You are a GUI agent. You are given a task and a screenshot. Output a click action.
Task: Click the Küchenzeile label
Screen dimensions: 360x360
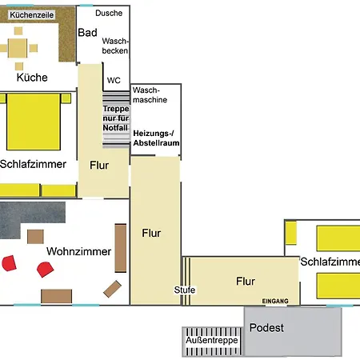tap(32, 15)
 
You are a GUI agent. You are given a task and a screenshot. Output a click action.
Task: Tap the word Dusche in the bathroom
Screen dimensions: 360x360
tap(109, 13)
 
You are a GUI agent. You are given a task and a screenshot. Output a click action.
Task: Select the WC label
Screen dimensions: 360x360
tap(114, 80)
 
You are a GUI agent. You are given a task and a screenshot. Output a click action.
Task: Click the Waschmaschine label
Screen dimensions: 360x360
tap(150, 95)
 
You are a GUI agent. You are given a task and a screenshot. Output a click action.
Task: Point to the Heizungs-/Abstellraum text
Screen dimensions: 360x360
tap(156, 138)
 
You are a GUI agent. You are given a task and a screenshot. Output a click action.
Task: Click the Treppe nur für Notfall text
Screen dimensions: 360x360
tap(116, 118)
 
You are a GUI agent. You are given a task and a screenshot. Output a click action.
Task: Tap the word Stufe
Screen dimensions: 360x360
tap(185, 290)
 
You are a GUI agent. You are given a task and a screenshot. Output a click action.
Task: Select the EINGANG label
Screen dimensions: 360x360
tap(275, 301)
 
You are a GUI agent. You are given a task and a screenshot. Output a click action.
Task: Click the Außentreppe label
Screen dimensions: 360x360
tap(212, 340)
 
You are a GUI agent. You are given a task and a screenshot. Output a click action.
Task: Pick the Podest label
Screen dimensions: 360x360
tap(266, 328)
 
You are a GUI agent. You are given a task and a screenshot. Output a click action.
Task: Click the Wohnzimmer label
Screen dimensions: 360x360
tap(78, 251)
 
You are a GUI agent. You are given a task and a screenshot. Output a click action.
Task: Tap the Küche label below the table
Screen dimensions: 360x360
tap(32, 78)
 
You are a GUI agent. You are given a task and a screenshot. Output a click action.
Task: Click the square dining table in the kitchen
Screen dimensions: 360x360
tap(18, 48)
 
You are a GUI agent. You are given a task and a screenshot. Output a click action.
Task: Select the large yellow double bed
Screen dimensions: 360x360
tap(34, 122)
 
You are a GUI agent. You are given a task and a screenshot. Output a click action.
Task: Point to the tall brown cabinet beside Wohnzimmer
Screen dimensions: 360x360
tap(121, 248)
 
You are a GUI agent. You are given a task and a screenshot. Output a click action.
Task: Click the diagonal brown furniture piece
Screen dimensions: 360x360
tap(112, 289)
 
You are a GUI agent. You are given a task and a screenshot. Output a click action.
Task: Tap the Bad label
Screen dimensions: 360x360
tap(87, 33)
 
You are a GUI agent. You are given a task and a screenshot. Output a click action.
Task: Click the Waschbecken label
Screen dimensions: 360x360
tap(115, 46)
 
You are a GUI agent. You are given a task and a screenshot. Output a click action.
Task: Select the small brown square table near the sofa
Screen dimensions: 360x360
tap(35, 237)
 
